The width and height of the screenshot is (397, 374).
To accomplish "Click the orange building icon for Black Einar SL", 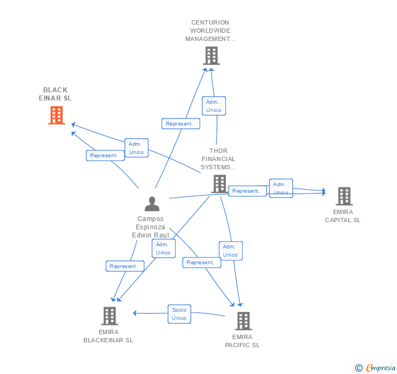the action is point(57,115).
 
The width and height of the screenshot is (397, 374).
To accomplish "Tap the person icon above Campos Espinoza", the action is point(152,204).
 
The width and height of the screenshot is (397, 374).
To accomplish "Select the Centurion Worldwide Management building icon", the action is point(212,56).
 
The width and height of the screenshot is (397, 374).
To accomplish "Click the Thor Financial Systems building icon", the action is point(220,184).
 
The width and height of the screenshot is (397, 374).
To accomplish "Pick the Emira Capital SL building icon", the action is point(344,196).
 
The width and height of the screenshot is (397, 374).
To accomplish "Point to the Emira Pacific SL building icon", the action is point(243,321).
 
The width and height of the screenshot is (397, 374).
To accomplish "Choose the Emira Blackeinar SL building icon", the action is point(110,316).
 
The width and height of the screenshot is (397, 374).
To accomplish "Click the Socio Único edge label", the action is point(179,314).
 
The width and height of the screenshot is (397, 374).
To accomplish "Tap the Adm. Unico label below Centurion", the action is point(214,106).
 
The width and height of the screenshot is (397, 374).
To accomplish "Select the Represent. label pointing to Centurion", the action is point(181,124).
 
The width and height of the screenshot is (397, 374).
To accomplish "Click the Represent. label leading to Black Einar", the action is point(105,156).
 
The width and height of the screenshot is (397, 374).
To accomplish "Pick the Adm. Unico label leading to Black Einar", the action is point(136,148).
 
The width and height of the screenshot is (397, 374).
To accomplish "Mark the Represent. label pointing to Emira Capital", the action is point(248,191).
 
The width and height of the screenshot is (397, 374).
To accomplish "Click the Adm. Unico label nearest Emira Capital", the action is point(281,188).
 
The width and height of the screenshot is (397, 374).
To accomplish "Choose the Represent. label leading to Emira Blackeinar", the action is point(125,266).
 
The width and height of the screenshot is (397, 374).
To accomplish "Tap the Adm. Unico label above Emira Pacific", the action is point(231,251).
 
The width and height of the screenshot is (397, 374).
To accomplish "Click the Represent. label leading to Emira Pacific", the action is point(202,263).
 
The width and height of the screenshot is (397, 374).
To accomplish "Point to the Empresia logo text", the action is point(381,367).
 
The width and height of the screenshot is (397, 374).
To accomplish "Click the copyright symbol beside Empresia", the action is point(359,367).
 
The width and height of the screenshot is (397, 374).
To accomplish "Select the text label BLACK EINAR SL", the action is point(55,94).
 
